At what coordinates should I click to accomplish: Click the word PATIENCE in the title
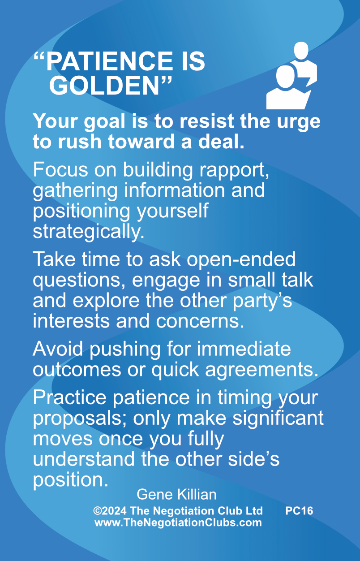[109, 62]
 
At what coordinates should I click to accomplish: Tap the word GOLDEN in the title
[104, 86]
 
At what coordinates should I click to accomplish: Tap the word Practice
[69, 397]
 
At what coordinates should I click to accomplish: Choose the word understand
[83, 459]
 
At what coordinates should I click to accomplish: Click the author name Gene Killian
[176, 494]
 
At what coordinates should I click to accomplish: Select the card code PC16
[299, 511]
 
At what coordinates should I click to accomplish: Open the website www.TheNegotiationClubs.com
[178, 522]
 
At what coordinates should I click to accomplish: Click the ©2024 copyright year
[110, 511]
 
